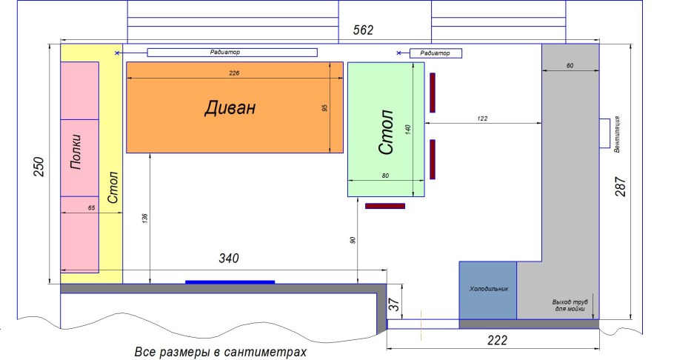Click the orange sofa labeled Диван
coord(234,107)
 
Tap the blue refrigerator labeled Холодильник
coord(488,289)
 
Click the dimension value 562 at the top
coord(363,30)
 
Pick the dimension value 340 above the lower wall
coord(228,259)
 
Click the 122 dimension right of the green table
coord(483,119)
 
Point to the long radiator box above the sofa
coord(232,53)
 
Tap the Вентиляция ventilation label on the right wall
coord(617,134)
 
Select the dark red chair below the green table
coord(385,206)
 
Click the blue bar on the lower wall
coord(230,281)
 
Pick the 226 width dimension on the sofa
coord(234,73)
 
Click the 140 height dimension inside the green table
coord(407,128)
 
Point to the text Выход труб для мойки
coord(570,304)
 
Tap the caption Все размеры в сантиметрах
coord(220,353)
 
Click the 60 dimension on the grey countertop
coord(570,66)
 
